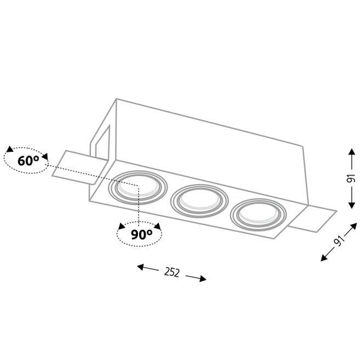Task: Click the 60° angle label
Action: [28, 160]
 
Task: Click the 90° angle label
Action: [142, 234]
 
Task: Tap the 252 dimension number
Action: [172, 272]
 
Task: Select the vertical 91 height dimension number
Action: [351, 179]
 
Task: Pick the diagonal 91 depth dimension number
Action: [340, 240]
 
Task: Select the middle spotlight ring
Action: [171, 201]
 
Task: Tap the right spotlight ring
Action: [231, 215]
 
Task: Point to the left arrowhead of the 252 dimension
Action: [140, 267]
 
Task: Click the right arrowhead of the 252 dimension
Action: [203, 278]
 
